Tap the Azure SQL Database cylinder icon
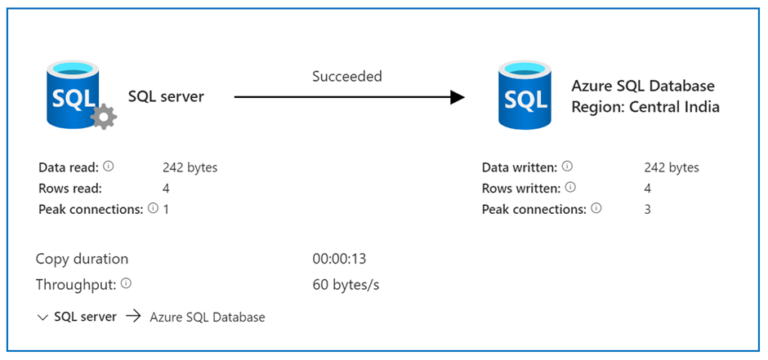(x=525, y=97)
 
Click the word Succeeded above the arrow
(x=347, y=76)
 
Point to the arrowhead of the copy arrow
(x=458, y=97)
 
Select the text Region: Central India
(x=645, y=107)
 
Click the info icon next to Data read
(x=108, y=167)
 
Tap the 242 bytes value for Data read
(x=190, y=168)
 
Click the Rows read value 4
(x=166, y=188)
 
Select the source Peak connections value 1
(x=166, y=209)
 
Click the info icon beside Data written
(x=567, y=167)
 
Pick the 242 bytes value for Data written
(x=671, y=168)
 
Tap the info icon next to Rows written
(x=570, y=188)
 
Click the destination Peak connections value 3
(x=648, y=209)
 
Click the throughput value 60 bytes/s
(x=346, y=285)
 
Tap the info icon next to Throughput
(x=126, y=284)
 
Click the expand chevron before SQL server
(x=42, y=318)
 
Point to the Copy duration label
(x=82, y=259)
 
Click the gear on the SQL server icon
(x=103, y=117)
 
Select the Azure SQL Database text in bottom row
(x=207, y=318)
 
